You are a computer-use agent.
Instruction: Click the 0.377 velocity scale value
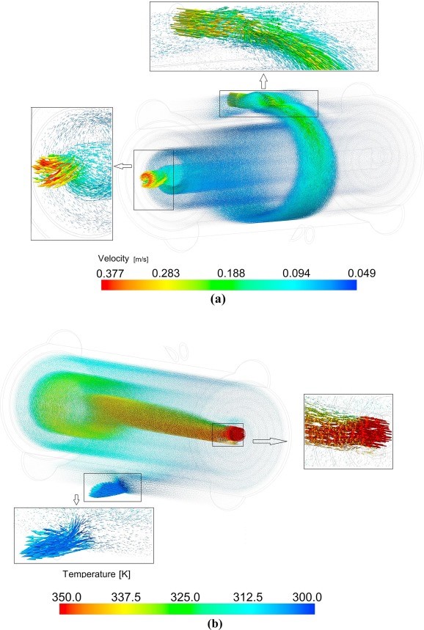coord(110,274)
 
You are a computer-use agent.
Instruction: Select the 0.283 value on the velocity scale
coord(166,274)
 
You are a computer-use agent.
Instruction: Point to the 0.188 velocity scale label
coord(231,274)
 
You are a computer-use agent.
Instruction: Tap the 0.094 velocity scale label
coord(296,274)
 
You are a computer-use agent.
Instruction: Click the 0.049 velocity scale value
coord(362,274)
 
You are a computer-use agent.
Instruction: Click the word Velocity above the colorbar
coord(113,258)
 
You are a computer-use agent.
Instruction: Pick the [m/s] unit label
coord(141,260)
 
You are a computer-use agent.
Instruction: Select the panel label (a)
coord(218,299)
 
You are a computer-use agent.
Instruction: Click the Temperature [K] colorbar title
coord(96,574)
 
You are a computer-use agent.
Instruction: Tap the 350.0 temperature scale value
coord(66,597)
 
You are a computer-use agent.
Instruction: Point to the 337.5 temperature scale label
coord(125,597)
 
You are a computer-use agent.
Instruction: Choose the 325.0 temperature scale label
coord(186,597)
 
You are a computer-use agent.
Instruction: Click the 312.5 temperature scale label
coord(247,597)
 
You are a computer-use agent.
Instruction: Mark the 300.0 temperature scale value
coord(307,597)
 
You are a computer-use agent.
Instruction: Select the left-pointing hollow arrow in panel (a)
coord(123,166)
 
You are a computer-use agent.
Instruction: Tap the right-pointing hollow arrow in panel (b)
coord(270,442)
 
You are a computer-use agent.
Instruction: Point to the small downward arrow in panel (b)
coord(76,499)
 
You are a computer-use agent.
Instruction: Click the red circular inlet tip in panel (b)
coord(236,434)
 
